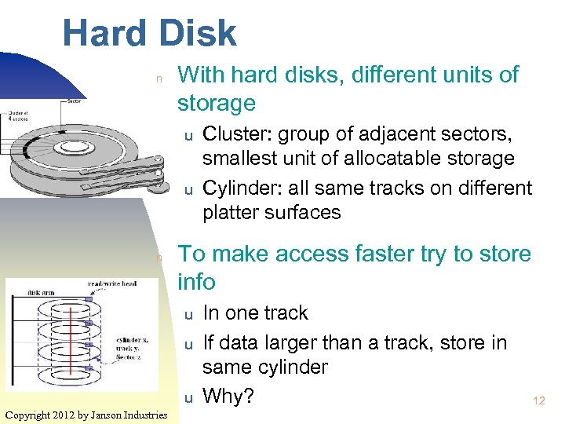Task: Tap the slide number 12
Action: [x=538, y=401]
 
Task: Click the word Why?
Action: [x=228, y=397]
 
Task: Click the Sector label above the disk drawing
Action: [x=75, y=101]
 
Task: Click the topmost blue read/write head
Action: [x=89, y=299]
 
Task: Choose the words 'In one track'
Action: [x=255, y=313]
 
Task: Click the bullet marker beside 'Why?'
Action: [x=188, y=398]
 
